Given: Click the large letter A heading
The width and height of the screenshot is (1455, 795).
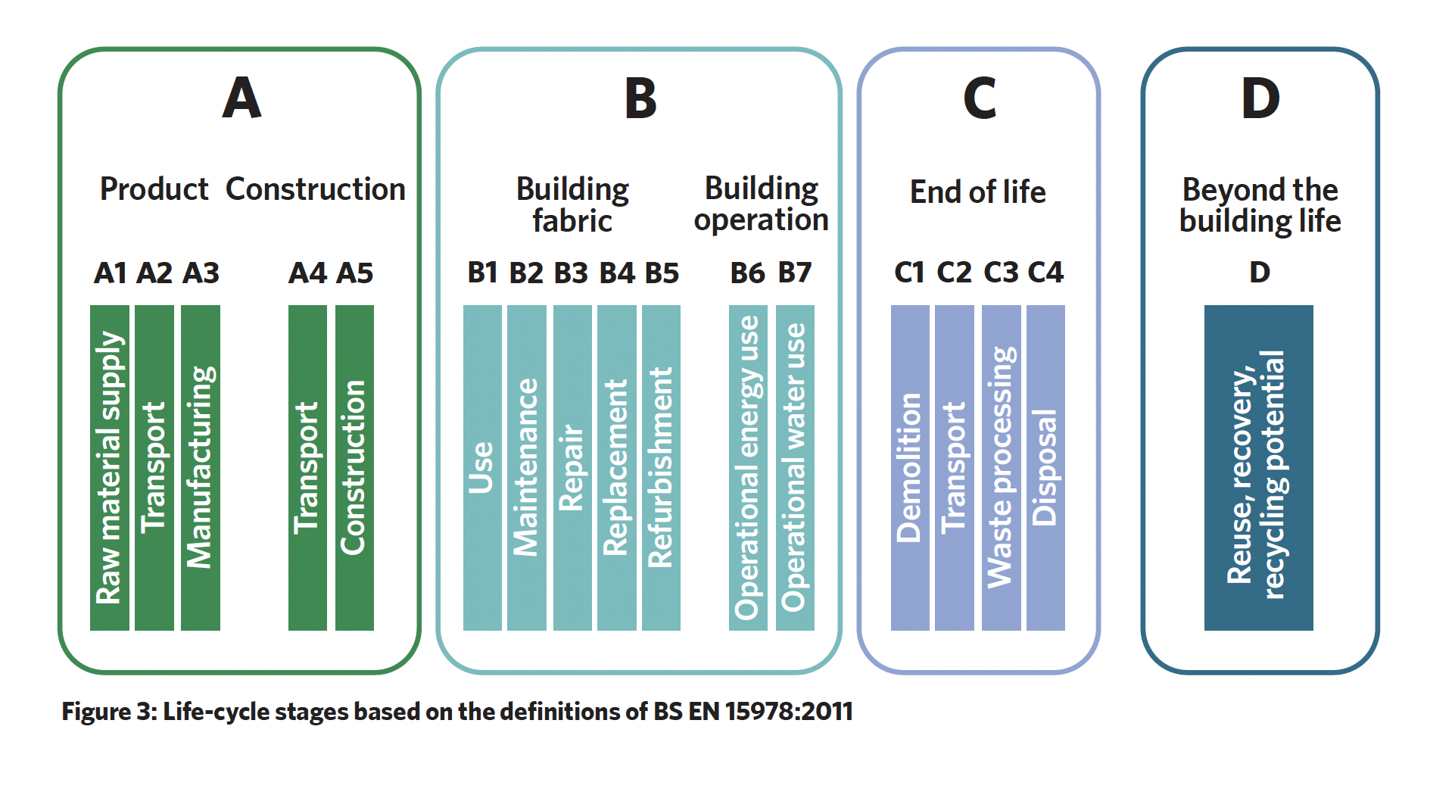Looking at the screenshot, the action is point(241,98).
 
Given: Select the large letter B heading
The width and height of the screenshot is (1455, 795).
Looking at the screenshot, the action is point(640,98).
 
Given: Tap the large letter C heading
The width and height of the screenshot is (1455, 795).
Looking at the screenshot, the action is point(979,98).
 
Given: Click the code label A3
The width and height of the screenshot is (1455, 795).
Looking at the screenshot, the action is point(201,273).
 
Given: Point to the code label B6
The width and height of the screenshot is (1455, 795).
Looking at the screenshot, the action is point(747,273).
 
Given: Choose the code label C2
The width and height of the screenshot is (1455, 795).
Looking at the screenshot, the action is point(954,272).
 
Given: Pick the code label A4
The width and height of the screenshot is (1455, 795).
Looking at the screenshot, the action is point(307,273).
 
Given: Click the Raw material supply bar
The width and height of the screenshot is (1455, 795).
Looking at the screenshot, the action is point(110,468).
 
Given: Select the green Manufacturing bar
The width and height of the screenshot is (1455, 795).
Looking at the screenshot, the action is point(201,468).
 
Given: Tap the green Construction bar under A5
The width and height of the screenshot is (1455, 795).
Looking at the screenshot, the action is point(354,468).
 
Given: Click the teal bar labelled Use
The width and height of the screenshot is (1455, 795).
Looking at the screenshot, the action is point(482,468).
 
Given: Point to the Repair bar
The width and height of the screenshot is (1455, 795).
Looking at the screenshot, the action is point(572,468).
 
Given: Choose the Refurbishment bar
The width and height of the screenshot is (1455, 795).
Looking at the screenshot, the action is point(661,468).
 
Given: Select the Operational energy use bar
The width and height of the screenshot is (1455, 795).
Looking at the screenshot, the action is point(748,468).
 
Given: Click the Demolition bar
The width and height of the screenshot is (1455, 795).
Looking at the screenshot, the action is point(910,468).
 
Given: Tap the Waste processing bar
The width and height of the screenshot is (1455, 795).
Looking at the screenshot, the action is point(1002,468).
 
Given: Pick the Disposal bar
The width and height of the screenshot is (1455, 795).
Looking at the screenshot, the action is point(1045,468).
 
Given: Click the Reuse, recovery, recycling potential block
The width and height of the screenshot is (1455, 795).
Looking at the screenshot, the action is point(1259,468).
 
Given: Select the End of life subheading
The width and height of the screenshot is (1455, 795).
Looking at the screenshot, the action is point(978,192).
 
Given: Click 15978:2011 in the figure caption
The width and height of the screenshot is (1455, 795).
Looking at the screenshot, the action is point(789,712).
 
